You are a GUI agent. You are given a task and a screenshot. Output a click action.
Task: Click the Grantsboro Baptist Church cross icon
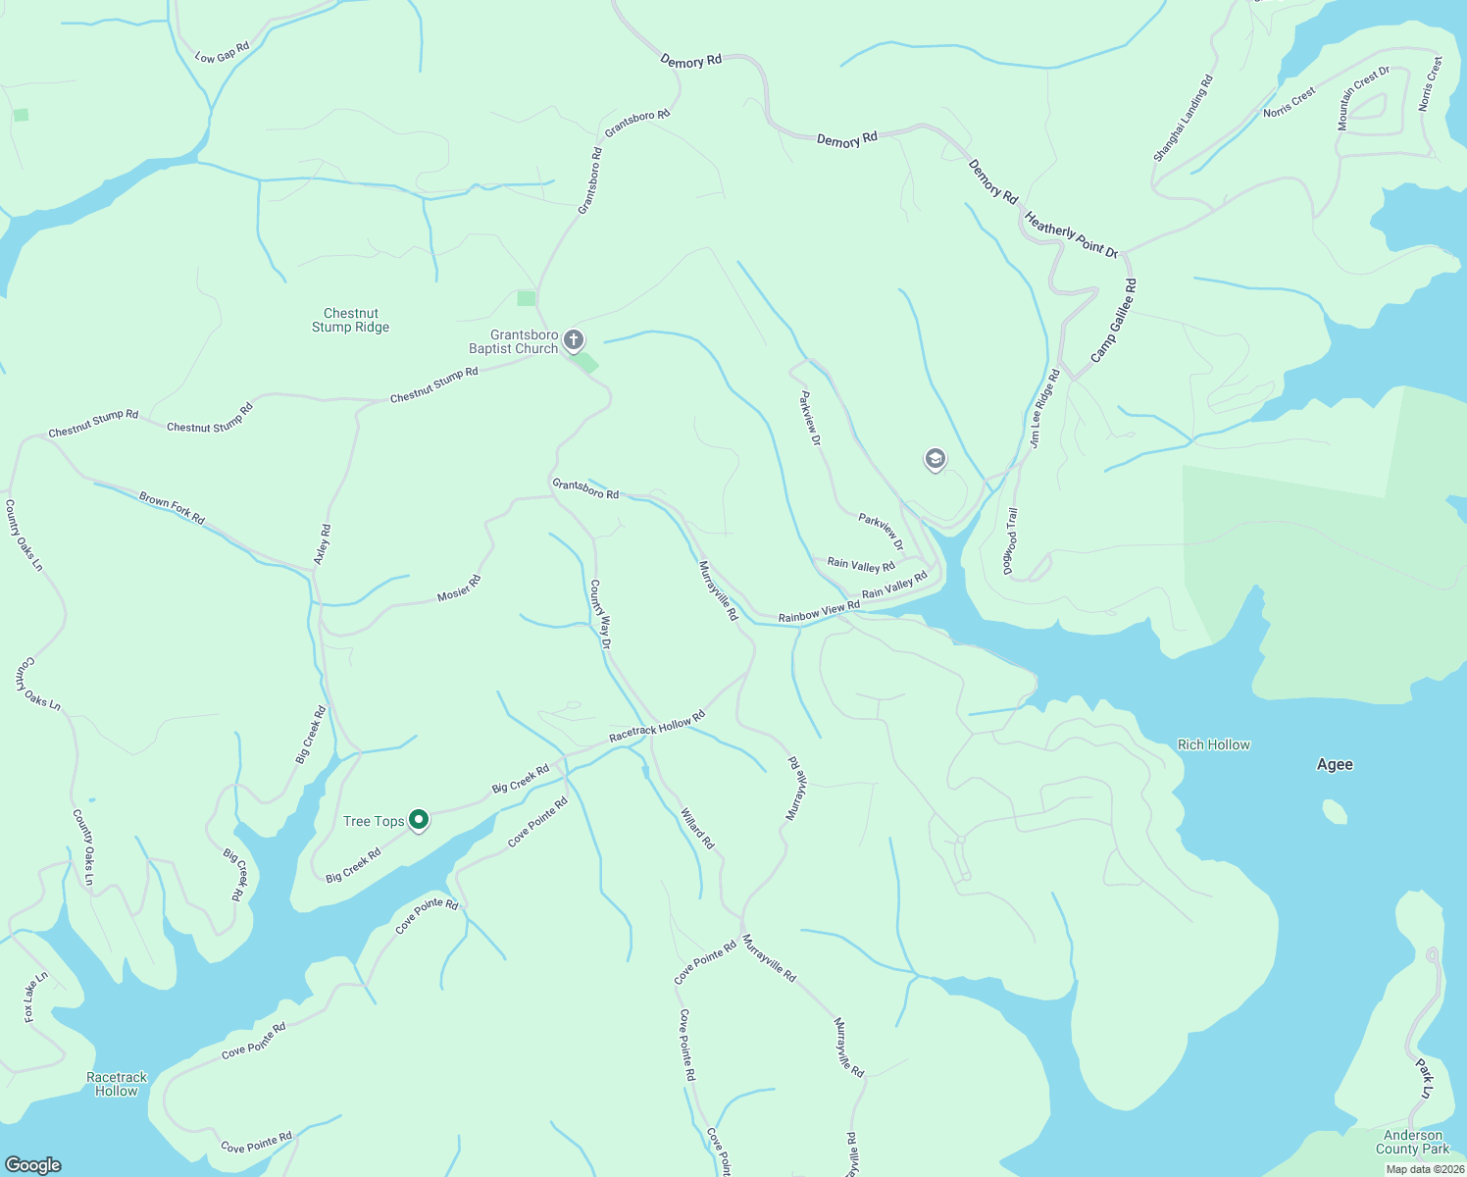click(x=574, y=340)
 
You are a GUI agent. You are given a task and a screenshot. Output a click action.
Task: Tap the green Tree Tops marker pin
click(x=419, y=819)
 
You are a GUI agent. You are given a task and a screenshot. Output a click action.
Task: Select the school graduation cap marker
click(x=936, y=458)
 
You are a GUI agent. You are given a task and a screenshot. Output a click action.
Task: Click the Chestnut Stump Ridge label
click(x=350, y=321)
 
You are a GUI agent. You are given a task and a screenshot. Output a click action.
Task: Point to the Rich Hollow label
click(x=1214, y=744)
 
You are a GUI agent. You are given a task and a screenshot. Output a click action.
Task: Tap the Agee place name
click(x=1335, y=764)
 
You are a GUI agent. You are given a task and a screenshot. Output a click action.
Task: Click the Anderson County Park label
click(x=1412, y=1142)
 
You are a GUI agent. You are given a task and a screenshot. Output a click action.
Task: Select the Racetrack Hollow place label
click(x=117, y=1084)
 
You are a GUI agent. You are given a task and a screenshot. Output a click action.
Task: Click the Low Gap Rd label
click(x=223, y=52)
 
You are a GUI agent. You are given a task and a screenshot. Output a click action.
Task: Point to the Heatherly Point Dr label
click(x=1071, y=234)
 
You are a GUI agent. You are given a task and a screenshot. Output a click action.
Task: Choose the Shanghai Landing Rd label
click(x=1184, y=119)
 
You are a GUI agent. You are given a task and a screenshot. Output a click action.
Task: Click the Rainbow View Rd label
click(x=819, y=612)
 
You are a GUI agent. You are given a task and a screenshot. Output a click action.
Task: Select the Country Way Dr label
click(x=599, y=615)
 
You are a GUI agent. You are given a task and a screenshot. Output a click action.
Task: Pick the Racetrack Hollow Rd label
click(x=657, y=727)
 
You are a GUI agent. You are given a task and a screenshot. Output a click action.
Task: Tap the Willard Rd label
click(x=697, y=828)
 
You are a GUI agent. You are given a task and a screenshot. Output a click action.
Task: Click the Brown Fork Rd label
click(x=172, y=508)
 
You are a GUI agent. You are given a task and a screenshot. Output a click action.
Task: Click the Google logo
click(x=33, y=1164)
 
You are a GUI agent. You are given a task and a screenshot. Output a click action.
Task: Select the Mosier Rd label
click(x=459, y=588)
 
